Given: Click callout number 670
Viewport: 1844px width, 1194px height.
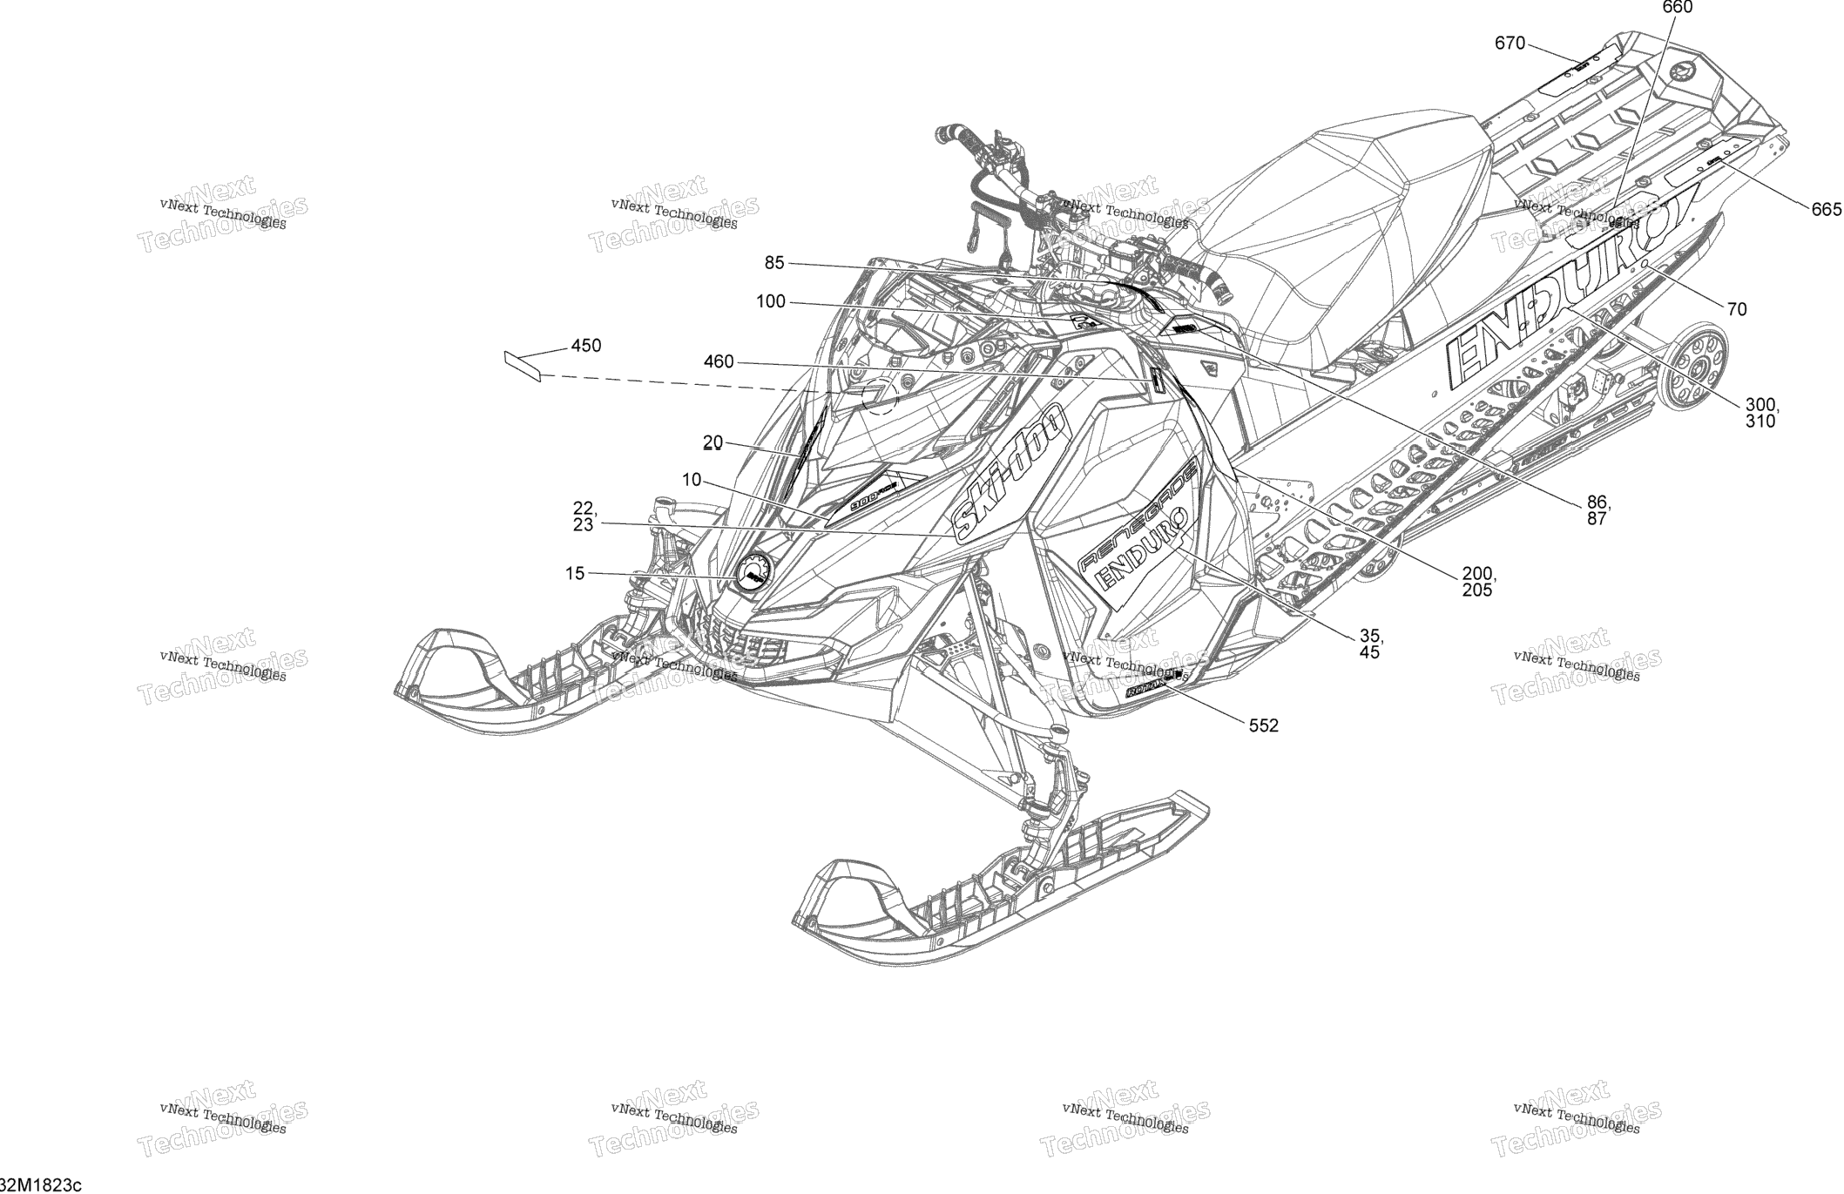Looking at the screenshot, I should tap(1510, 42).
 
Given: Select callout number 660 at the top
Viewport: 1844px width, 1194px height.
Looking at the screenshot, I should tap(1677, 8).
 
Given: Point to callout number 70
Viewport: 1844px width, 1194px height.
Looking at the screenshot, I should tap(1736, 309).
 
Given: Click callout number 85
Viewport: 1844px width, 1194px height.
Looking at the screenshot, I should tap(774, 262).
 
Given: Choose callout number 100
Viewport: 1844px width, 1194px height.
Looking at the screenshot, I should tap(771, 301).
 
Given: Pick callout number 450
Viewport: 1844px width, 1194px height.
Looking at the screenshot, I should tap(585, 346).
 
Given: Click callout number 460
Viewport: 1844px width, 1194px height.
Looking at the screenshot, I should tap(719, 361).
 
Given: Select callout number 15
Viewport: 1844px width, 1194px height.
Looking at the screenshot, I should tap(575, 573).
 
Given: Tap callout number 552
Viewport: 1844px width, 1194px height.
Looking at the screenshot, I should tap(1263, 725).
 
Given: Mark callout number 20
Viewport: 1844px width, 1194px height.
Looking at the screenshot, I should tap(713, 443).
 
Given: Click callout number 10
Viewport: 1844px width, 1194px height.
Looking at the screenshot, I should tap(692, 480).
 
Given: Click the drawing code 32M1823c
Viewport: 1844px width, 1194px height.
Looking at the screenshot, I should tap(41, 1184).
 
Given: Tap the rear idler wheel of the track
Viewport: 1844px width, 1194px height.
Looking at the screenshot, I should tap(1696, 367).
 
